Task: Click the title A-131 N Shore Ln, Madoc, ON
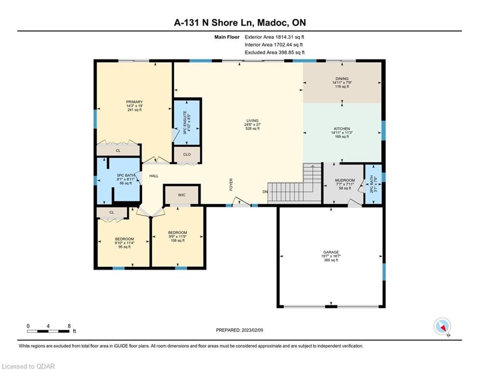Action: (240, 23)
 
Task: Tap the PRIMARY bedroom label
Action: (134, 106)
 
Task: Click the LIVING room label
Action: (252, 125)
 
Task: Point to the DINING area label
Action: (342, 82)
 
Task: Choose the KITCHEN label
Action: (342, 132)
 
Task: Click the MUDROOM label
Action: (345, 185)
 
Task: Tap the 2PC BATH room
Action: (373, 184)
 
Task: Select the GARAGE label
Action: (331, 256)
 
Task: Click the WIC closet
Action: (182, 195)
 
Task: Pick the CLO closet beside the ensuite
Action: (187, 155)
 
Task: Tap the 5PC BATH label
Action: (126, 179)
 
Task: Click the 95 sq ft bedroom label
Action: (124, 243)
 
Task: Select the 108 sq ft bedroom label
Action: (178, 237)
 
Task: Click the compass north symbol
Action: (442, 327)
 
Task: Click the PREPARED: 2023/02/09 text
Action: (240, 330)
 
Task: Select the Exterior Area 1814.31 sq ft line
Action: (274, 37)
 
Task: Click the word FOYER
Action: (231, 185)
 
